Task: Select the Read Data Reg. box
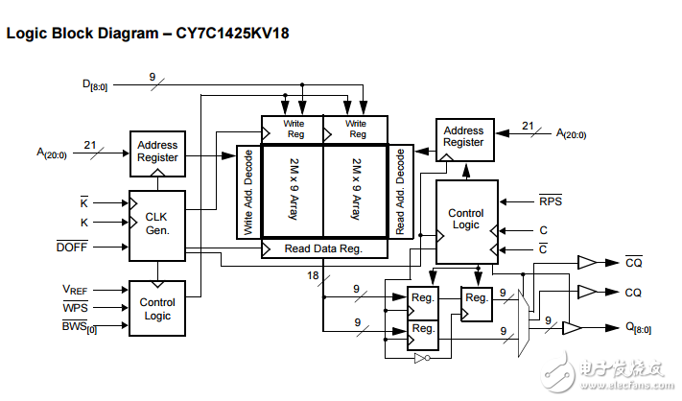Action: click(x=323, y=248)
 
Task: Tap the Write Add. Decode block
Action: click(x=247, y=191)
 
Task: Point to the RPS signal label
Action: click(x=551, y=201)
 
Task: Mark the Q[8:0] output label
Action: click(x=637, y=328)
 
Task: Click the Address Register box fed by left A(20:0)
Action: click(x=157, y=152)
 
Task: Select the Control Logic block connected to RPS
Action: click(x=466, y=221)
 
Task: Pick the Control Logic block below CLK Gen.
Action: click(x=157, y=308)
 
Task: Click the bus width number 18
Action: click(x=312, y=276)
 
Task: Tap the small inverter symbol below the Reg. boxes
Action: click(x=419, y=358)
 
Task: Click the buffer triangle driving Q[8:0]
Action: click(x=571, y=328)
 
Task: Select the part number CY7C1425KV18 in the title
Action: click(x=226, y=33)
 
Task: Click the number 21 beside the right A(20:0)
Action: click(x=528, y=125)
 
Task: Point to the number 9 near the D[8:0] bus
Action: click(x=152, y=76)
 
